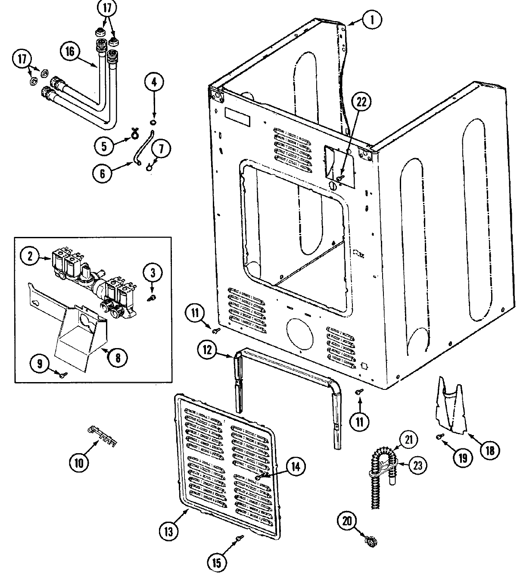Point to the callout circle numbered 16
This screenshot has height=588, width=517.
(x=71, y=52)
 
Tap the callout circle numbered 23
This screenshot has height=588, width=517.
(x=417, y=465)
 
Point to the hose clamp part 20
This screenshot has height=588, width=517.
(x=369, y=540)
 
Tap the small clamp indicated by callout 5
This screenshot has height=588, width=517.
(x=132, y=137)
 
